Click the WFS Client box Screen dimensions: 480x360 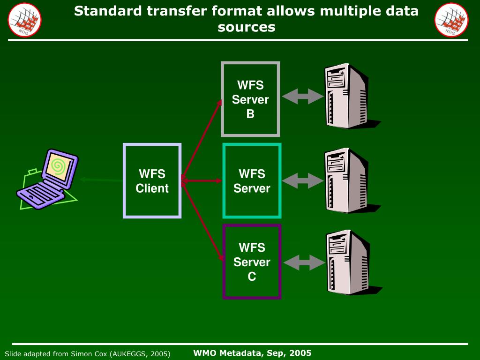coord(152,181)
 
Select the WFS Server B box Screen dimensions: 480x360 coord(250,99)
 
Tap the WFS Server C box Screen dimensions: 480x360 coord(252,262)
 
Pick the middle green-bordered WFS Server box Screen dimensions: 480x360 coord(252,181)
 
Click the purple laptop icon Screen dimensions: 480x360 coord(47,180)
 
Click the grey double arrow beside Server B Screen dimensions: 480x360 coord(303,97)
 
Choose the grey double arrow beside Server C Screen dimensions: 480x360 coord(304,262)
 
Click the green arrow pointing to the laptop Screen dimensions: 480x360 coord(101,180)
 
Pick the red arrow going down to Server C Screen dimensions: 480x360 coord(202,220)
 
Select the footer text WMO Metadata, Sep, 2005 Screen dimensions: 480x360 coord(252,353)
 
